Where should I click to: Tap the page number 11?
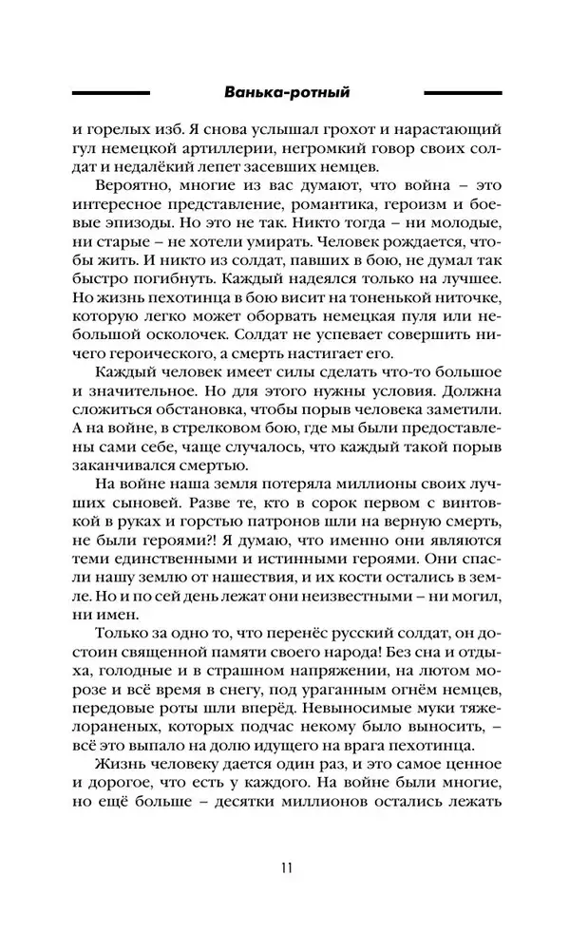click(287, 866)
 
